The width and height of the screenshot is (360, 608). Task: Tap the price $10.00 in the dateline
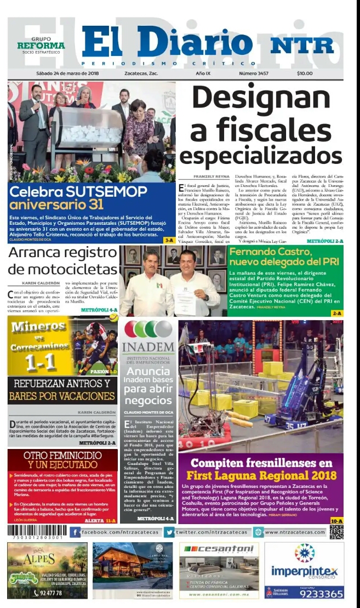coord(305,73)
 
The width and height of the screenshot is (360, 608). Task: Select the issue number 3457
coord(253,73)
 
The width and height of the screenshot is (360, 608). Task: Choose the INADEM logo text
coord(147,347)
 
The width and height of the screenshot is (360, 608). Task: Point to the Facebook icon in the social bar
coord(76,532)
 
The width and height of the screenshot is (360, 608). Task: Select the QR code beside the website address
coord(336,532)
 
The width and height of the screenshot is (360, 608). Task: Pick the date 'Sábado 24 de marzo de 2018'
coord(67,73)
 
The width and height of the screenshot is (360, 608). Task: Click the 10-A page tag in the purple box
coord(336,521)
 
